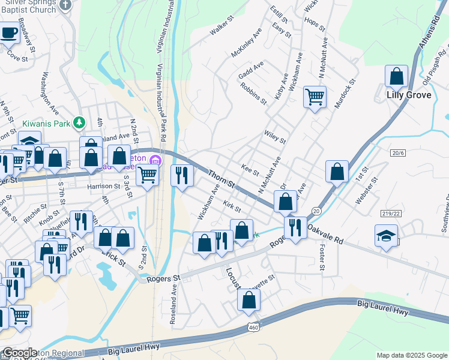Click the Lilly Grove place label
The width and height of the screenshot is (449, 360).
tap(408, 95)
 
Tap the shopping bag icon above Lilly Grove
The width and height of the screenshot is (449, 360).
tap(396, 77)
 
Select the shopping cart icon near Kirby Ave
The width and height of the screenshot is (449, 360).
tap(315, 96)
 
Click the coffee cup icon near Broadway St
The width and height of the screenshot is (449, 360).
tap(8, 34)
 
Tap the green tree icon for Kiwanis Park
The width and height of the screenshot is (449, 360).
tap(77, 123)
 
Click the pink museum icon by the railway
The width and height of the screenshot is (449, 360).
tap(156, 160)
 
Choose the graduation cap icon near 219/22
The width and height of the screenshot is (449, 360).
tap(386, 235)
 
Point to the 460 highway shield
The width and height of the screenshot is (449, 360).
tap(252, 327)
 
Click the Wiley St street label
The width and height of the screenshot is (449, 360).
tap(275, 137)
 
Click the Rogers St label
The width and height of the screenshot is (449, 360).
tap(160, 278)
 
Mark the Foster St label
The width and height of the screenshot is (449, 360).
tap(322, 256)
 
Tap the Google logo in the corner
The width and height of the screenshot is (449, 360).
tap(20, 353)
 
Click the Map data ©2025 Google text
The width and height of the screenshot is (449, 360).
tap(411, 355)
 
